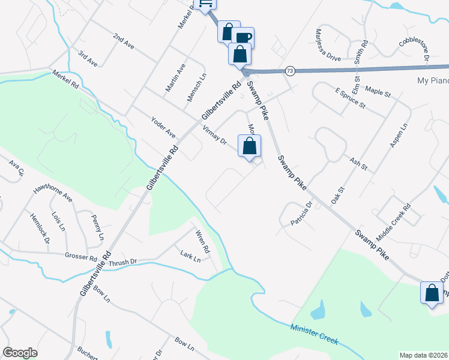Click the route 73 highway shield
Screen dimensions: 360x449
tap(290, 71)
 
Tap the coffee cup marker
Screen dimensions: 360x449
tap(243, 37)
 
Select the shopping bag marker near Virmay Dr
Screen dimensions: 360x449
tap(250, 146)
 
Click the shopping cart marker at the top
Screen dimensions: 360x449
tap(205, 4)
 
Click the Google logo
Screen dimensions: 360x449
tap(20, 353)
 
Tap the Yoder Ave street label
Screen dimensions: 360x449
tap(163, 125)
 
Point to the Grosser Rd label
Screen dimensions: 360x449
tap(80, 257)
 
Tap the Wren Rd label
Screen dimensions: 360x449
tap(202, 241)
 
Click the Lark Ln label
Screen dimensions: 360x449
tap(190, 256)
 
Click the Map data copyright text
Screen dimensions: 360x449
tap(423, 355)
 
